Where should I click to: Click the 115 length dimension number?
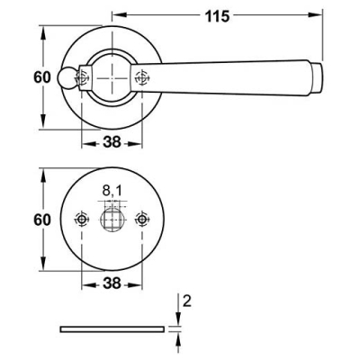coord(217,16)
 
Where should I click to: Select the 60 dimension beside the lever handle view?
coord(42,77)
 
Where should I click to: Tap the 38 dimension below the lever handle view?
coord(112,142)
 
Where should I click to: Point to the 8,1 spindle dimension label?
coord(112,191)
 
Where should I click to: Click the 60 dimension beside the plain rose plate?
coord(42,220)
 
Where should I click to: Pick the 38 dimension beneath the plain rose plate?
coord(112,283)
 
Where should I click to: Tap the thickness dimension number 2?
coord(187,301)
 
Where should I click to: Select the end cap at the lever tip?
coord(317,78)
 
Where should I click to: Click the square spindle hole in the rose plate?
coord(112,220)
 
